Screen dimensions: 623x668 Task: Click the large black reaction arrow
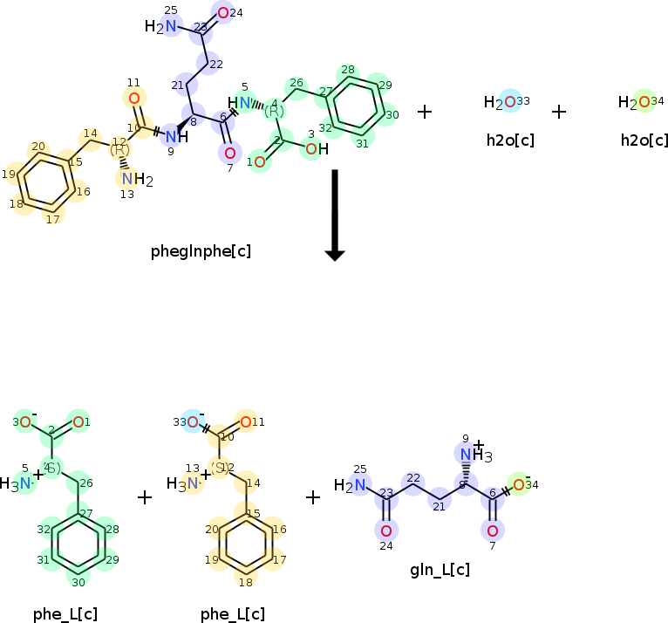pyautogui.click(x=335, y=214)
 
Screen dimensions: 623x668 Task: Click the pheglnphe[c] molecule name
pyautogui.click(x=201, y=251)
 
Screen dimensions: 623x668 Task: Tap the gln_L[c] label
pyautogui.click(x=440, y=570)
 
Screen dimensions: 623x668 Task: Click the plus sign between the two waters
pyautogui.click(x=559, y=112)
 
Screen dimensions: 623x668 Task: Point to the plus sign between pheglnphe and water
pyautogui.click(x=425, y=112)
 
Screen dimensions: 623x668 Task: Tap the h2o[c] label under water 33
pyautogui.click(x=510, y=140)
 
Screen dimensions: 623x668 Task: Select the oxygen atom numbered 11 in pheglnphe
pyautogui.click(x=134, y=98)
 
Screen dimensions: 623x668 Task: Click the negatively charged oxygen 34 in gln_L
pyautogui.click(x=519, y=485)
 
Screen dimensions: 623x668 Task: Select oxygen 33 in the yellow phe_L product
pyautogui.click(x=193, y=423)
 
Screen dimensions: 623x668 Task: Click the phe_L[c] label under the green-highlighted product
pyautogui.click(x=65, y=613)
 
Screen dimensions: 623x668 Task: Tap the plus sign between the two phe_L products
pyautogui.click(x=145, y=497)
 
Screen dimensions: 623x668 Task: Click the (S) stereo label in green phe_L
pyautogui.click(x=52, y=469)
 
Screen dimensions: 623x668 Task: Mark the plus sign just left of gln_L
pyautogui.click(x=313, y=497)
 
